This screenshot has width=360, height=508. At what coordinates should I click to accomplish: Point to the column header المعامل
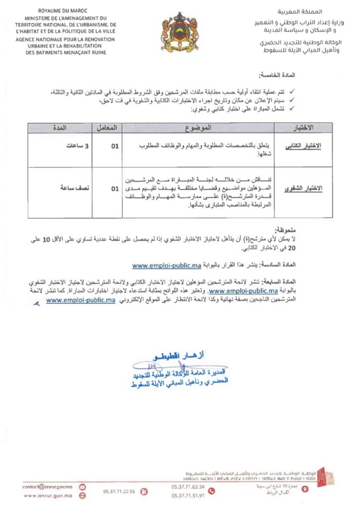pos(108,127)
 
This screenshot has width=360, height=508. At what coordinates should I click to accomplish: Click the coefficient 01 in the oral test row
pos(115,188)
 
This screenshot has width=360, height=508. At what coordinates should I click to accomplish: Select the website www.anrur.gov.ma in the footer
pos(48,496)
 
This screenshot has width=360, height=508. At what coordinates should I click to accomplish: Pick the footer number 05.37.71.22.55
pos(119,491)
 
